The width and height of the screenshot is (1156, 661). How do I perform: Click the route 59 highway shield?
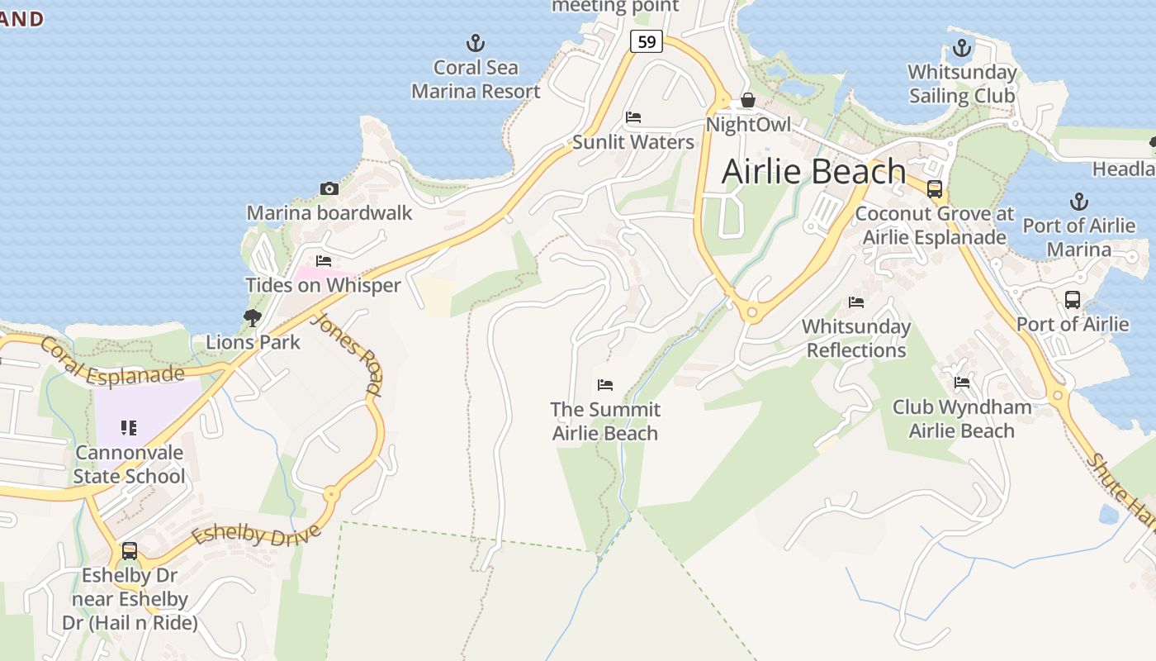tap(647, 40)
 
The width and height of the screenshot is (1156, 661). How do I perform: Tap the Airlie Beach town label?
tap(813, 171)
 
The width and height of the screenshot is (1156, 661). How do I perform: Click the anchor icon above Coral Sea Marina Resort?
tap(476, 42)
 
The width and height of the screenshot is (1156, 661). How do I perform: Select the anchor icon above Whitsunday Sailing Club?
tap(961, 48)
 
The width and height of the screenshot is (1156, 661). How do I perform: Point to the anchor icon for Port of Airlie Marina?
tap(1078, 201)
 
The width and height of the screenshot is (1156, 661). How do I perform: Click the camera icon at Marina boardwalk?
tap(329, 188)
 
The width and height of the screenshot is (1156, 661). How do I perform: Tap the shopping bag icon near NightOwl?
tap(747, 100)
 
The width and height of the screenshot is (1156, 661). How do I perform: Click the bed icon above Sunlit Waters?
tap(633, 117)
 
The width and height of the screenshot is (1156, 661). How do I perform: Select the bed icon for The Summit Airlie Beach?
tap(605, 385)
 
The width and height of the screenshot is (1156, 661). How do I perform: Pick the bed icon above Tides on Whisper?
tap(324, 261)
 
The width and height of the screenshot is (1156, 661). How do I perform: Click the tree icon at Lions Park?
tap(253, 317)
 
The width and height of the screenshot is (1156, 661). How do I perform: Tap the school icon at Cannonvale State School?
tap(129, 428)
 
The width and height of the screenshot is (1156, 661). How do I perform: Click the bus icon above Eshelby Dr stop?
tap(130, 551)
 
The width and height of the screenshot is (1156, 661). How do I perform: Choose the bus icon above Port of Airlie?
tap(1072, 300)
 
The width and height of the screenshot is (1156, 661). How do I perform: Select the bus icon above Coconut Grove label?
tap(935, 189)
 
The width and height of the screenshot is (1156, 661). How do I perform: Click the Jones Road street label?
tap(347, 354)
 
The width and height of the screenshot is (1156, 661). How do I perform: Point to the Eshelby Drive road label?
tap(255, 528)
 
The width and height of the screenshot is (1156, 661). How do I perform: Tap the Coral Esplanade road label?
tap(111, 361)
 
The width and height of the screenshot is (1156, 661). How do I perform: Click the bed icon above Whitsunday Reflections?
tap(856, 302)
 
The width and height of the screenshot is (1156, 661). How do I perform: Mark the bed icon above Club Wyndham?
tap(962, 383)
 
